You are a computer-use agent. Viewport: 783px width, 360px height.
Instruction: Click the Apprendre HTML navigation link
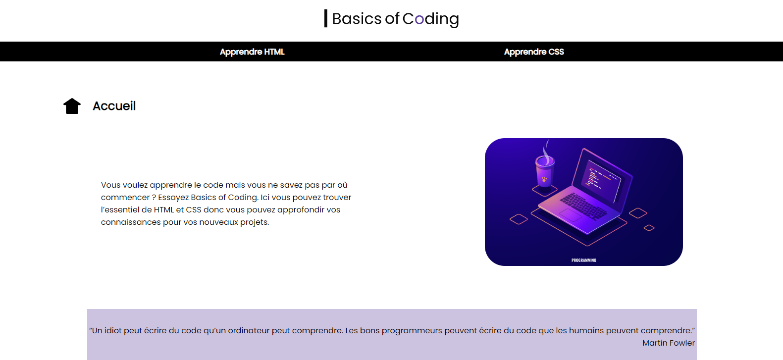point(252,51)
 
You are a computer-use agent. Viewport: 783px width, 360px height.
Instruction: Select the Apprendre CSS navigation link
point(534,51)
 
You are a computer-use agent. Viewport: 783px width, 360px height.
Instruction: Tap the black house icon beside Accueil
point(72,106)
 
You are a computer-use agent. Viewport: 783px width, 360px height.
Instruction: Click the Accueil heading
point(114,106)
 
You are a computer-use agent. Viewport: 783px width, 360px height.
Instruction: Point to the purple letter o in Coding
point(419,20)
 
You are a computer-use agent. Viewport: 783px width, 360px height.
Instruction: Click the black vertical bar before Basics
point(326,18)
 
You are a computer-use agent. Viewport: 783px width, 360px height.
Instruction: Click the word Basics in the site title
point(357,18)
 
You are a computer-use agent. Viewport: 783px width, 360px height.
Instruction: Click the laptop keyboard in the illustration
point(583,206)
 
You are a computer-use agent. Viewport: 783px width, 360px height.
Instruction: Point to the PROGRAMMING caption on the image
point(584,260)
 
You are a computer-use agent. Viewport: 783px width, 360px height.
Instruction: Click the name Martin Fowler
point(668,343)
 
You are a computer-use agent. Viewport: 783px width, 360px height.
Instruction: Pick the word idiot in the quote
point(112,331)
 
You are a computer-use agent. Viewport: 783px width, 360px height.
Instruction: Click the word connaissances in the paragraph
point(131,222)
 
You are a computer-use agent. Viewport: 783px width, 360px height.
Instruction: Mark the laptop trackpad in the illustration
point(570,215)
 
